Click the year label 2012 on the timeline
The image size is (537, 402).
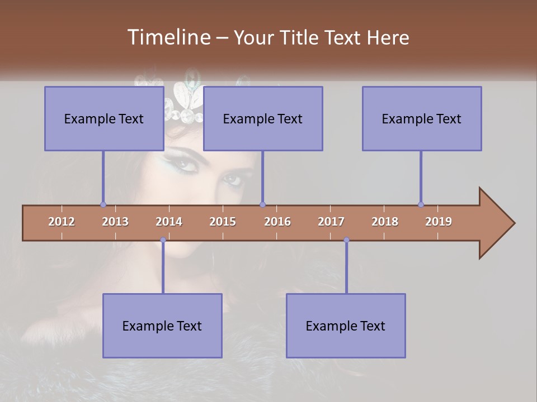[62, 222]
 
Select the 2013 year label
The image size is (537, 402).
[115, 222]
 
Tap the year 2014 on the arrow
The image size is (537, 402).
[169, 222]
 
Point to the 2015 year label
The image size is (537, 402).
[223, 222]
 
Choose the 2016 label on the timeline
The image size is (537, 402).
[277, 222]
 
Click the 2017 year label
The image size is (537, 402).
[331, 222]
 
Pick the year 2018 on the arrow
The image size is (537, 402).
[385, 222]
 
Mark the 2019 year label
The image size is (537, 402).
[439, 222]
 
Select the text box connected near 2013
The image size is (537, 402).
[104, 118]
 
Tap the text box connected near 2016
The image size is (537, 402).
[263, 118]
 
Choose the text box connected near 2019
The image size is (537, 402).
[422, 118]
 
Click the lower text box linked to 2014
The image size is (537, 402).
[162, 326]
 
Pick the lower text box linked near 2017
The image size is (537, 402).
[346, 326]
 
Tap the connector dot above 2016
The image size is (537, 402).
[263, 204]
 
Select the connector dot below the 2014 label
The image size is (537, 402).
[163, 240]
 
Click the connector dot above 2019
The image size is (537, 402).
[421, 204]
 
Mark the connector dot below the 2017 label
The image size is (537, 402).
[346, 240]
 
